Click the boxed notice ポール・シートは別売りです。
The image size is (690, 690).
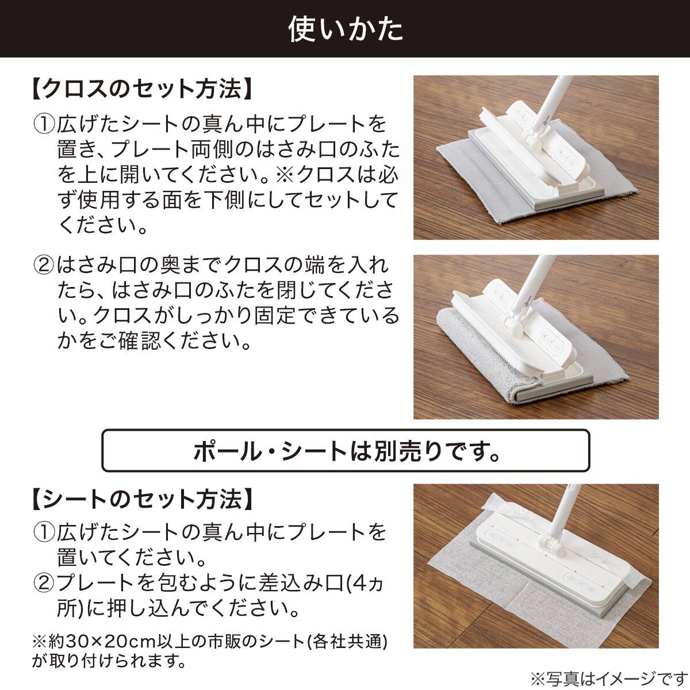[x=346, y=451]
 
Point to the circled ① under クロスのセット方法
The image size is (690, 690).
[x=44, y=124]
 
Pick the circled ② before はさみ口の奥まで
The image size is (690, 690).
[x=44, y=265]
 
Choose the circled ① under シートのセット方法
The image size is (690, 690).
[x=44, y=532]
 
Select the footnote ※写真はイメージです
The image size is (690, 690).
[x=609, y=678]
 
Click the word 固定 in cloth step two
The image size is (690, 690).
[x=275, y=315]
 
